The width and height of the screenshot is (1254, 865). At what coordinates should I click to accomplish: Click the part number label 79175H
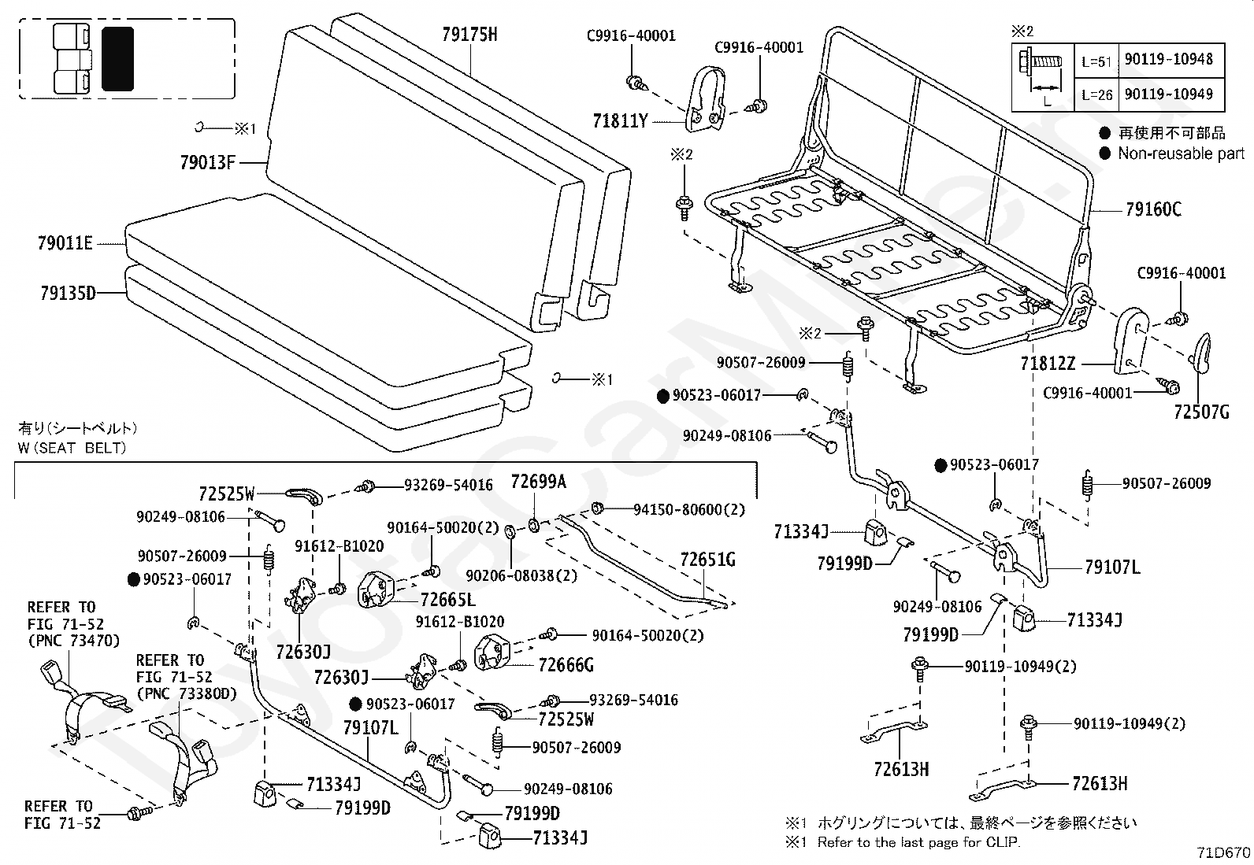469,34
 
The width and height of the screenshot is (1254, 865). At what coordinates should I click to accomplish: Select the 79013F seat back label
208,163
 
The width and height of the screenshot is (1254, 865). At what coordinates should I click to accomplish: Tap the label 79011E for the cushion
65,243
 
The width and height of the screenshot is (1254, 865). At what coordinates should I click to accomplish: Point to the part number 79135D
68,294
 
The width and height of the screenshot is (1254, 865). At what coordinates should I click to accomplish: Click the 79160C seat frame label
1153,209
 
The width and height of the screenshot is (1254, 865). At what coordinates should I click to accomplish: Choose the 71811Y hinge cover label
621,121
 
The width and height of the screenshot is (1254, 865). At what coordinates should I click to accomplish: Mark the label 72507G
1201,412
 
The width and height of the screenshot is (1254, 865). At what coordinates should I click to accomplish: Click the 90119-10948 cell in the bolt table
1168,60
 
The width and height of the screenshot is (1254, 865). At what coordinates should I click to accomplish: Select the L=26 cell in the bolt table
1096,94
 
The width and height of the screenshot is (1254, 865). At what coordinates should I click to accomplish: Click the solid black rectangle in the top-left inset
117,57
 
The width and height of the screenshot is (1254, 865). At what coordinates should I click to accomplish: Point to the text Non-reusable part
1181,153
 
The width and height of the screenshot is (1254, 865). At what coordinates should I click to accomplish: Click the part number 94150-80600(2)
688,509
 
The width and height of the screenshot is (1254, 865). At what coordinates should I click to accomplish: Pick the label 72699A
539,482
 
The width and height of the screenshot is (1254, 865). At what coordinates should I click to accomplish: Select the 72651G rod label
707,560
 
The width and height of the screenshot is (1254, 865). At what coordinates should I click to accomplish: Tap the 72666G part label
566,666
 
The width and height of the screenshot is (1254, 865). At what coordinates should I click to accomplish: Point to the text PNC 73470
73,641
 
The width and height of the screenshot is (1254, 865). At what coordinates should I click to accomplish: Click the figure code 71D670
1222,852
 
